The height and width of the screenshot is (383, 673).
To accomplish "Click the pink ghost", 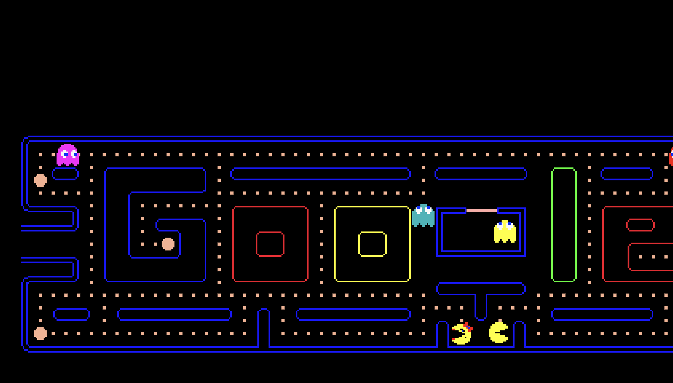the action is tap(68, 155).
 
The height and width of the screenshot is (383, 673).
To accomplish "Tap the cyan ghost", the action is tap(423, 216).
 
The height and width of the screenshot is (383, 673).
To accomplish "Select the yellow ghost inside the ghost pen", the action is tap(505, 231).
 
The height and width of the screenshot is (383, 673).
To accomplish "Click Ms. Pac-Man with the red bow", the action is tap(462, 334).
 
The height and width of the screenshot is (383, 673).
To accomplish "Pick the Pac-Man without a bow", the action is tap(498, 332).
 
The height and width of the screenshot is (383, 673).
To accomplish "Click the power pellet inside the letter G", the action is tap(168, 244).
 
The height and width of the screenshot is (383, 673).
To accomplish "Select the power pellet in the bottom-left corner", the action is tap(40, 333).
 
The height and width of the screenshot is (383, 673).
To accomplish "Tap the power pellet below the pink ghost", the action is tap(40, 180).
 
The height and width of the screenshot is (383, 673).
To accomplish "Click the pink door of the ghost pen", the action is tap(481, 211).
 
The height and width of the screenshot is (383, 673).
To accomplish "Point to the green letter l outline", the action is tap(564, 225).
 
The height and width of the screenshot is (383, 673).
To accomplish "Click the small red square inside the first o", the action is tap(270, 244).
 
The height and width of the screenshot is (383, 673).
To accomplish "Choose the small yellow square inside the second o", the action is tap(372, 244).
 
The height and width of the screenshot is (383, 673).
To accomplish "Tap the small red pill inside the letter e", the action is tap(640, 225).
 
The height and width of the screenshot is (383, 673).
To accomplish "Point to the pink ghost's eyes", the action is tap(69, 155).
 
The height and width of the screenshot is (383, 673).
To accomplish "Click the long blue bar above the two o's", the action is tap(320, 174).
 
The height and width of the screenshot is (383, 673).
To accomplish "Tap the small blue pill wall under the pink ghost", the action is tap(65, 174).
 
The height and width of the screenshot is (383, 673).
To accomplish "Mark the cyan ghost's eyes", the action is tap(423, 210).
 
